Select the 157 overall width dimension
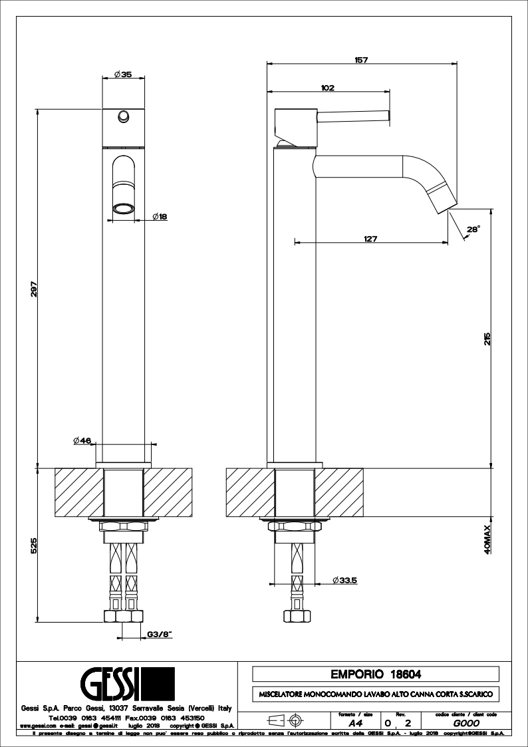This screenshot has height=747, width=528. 362,60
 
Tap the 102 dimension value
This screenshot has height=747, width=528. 327,87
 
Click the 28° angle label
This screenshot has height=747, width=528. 473,229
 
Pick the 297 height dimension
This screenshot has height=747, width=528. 33,288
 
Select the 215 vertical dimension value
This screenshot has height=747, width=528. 487,339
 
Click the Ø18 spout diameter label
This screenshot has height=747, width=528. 159,216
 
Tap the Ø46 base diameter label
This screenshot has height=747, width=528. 82,440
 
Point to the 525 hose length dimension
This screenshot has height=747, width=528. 33,545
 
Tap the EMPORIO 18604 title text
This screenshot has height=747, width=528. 376,674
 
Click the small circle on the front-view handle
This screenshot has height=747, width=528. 122,117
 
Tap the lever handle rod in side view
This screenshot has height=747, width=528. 352,117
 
